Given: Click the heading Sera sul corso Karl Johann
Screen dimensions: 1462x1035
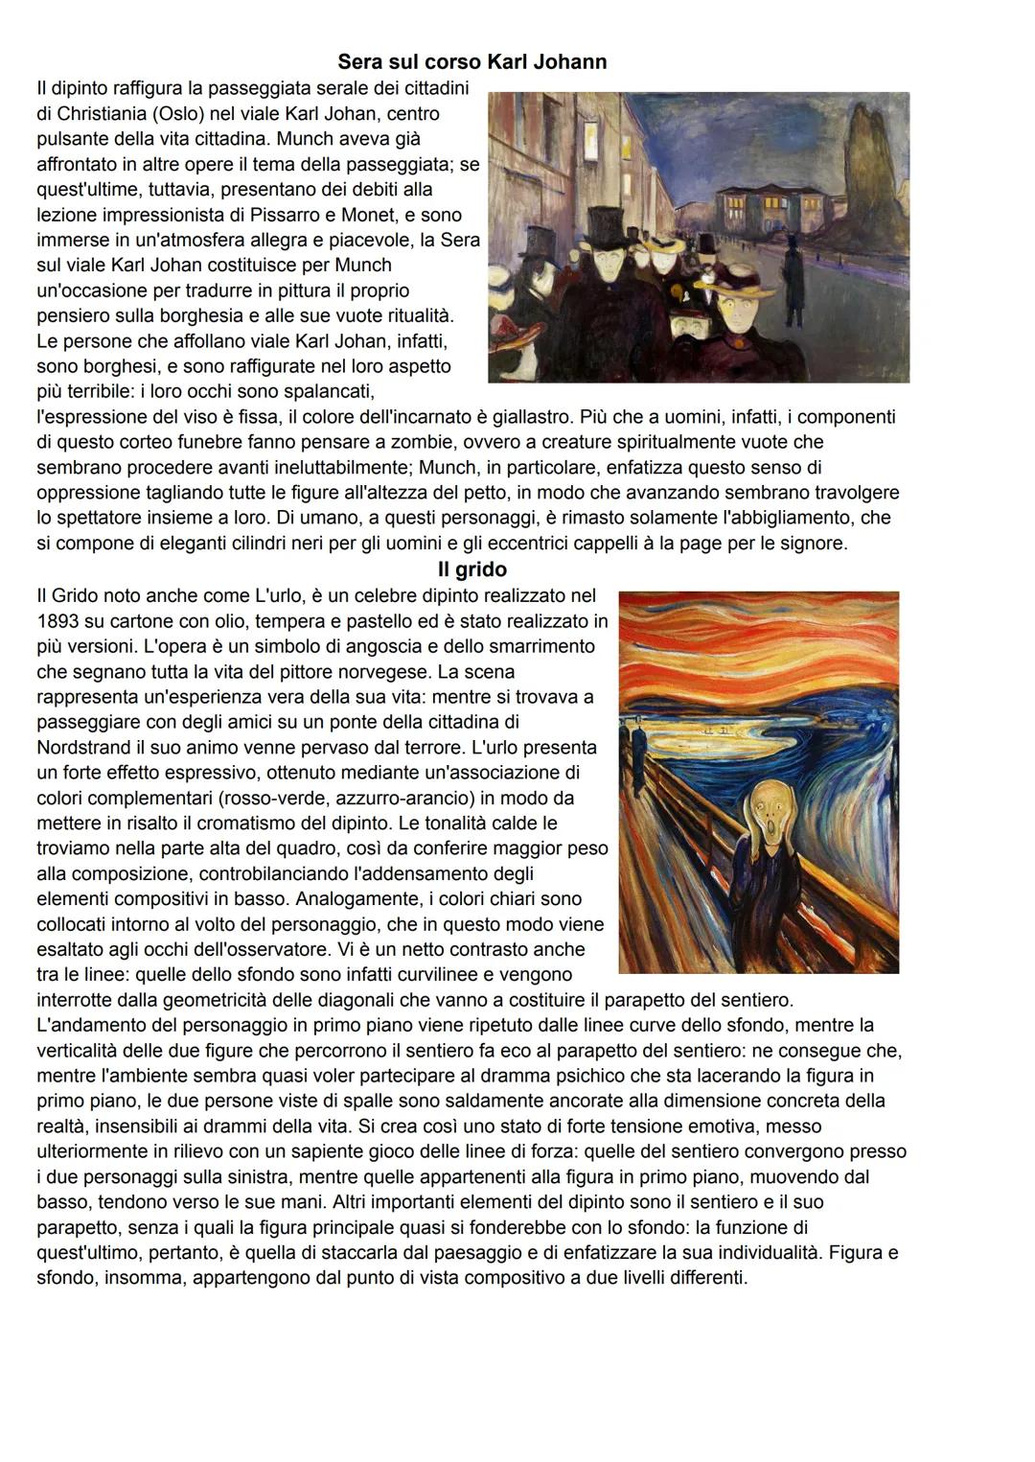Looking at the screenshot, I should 471,62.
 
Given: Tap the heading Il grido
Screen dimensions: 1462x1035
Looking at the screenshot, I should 471,569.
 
